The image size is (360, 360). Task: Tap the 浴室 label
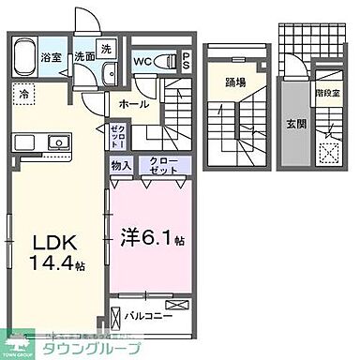(50, 57)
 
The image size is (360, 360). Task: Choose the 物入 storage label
(121, 165)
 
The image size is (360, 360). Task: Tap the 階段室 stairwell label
(329, 94)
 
